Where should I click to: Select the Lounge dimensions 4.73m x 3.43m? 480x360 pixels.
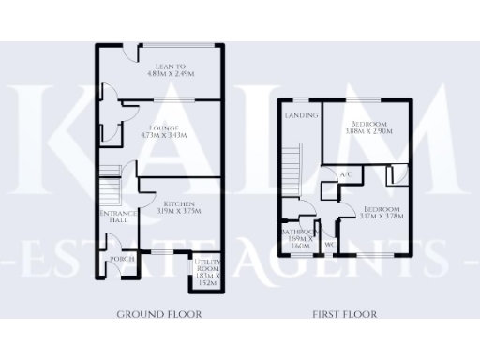163,136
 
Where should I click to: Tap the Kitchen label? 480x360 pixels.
178,203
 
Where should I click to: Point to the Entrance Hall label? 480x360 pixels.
119,217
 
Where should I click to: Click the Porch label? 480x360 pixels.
120,258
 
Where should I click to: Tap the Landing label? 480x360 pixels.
302,116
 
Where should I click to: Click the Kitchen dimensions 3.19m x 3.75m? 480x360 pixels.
178,212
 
